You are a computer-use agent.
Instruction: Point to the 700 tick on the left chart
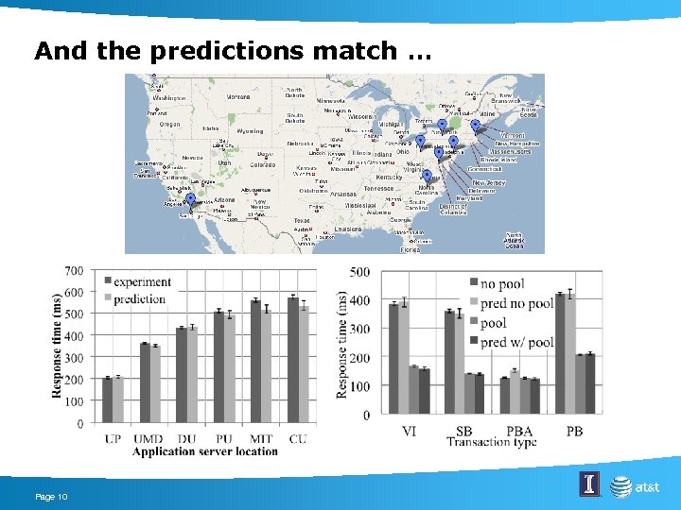tap(73, 272)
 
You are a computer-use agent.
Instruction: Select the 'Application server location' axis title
tap(204, 451)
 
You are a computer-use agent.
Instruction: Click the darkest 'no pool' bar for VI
tap(393, 359)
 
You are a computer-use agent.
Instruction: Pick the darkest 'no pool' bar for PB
tap(560, 354)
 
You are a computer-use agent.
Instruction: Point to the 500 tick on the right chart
tap(359, 272)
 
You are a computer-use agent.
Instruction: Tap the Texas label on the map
tap(301, 220)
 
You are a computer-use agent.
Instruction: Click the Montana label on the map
tap(237, 96)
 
